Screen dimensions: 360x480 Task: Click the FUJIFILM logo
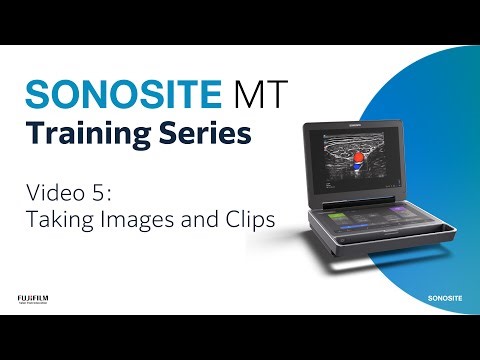[x=33, y=297]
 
